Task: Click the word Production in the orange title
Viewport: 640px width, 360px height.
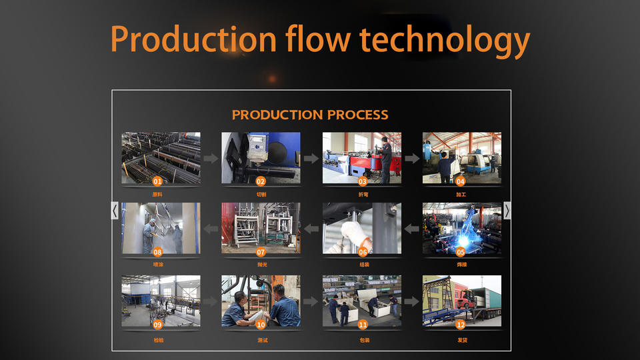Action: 193,39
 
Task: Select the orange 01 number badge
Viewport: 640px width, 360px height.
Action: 157,181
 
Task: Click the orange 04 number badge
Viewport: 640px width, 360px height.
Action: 460,181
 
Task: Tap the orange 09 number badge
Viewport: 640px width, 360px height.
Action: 157,325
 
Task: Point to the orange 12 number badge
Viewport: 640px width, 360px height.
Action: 460,325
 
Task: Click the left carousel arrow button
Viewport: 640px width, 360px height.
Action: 115,211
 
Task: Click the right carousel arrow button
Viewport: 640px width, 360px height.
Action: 507,211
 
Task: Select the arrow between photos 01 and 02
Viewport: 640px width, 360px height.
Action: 211,159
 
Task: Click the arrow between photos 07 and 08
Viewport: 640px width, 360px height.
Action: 211,229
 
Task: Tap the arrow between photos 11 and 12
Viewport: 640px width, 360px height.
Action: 412,301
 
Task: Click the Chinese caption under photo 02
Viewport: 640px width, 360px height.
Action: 261,194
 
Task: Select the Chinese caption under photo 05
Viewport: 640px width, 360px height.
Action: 461,265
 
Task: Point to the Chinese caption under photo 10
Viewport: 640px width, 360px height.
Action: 261,340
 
